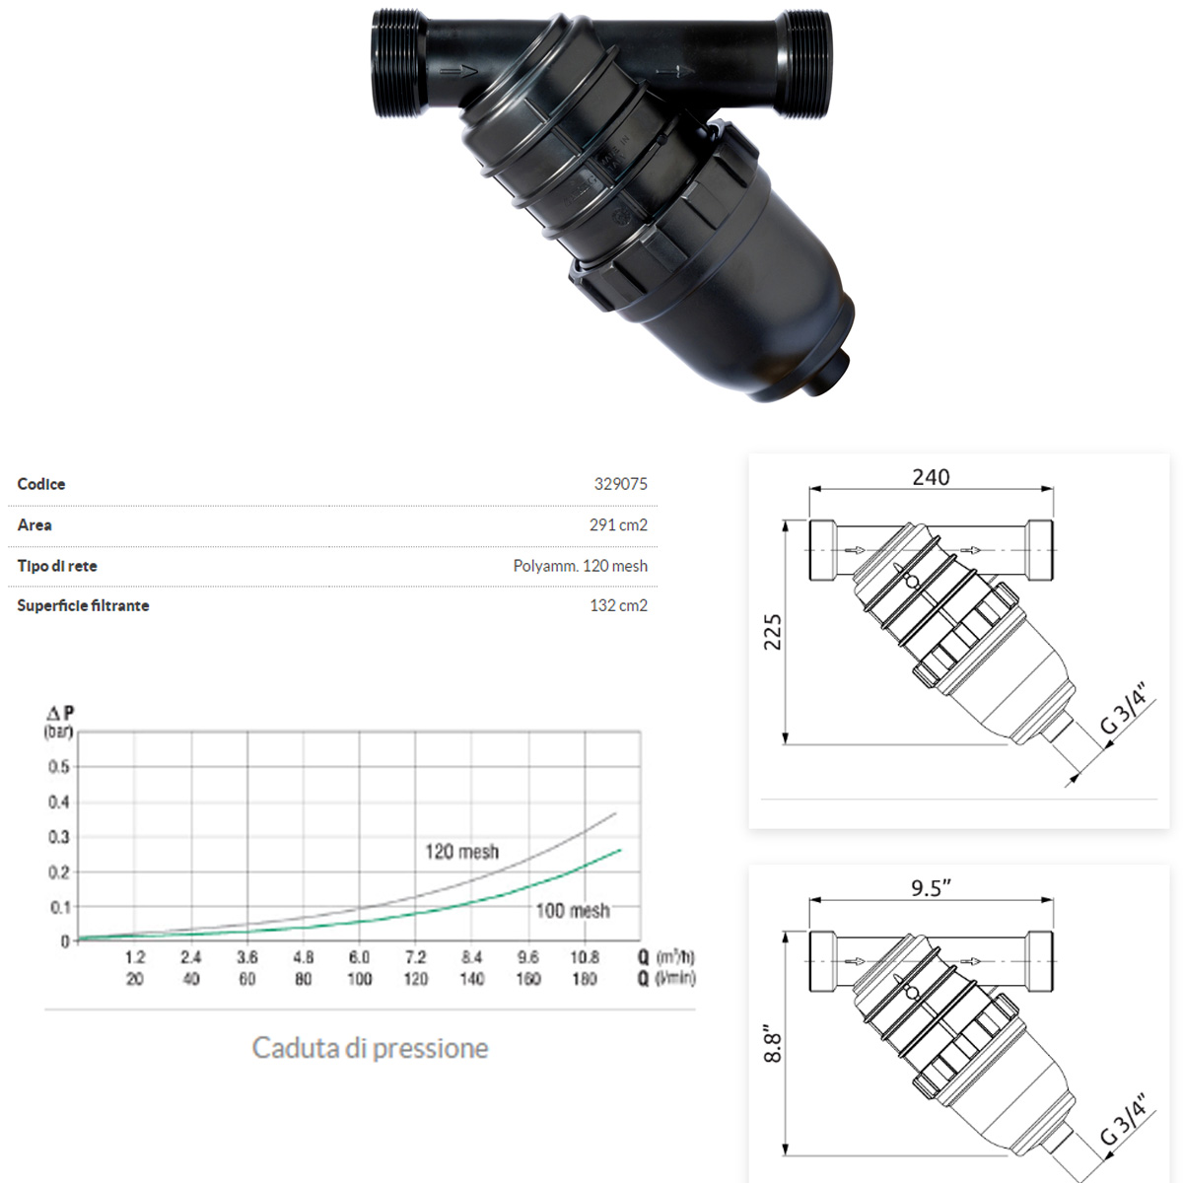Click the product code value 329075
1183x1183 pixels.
tap(620, 484)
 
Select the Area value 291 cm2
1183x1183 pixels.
tap(618, 525)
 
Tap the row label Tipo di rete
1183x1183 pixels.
tap(57, 566)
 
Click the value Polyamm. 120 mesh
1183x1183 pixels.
tap(580, 566)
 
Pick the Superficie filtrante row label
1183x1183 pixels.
tap(83, 605)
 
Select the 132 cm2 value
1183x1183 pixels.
tap(618, 605)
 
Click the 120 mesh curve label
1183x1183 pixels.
tap(461, 852)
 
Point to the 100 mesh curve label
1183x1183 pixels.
tap(572, 911)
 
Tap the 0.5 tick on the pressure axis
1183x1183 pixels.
tap(59, 767)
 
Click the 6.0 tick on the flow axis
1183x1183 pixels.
tap(359, 957)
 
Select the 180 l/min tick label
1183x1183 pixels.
tap(585, 979)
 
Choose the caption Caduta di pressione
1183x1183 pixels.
tap(370, 1047)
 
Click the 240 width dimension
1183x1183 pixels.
tap(931, 477)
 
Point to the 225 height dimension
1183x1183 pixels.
tap(773, 632)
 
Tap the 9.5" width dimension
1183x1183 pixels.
tap(931, 888)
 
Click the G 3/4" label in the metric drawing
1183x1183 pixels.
tap(1125, 708)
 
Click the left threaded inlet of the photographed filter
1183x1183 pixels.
tap(399, 64)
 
